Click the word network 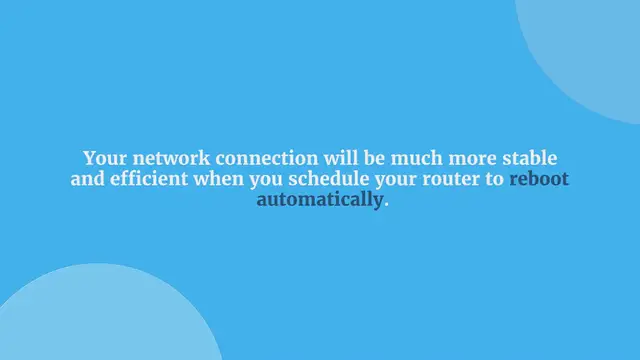pos(165,159)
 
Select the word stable pos(527,159)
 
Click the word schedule pos(322,180)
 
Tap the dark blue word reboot pos(539,180)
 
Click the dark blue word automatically pos(320,200)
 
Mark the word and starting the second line pos(87,180)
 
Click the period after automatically pos(386,203)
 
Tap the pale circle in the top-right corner pos(590,50)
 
